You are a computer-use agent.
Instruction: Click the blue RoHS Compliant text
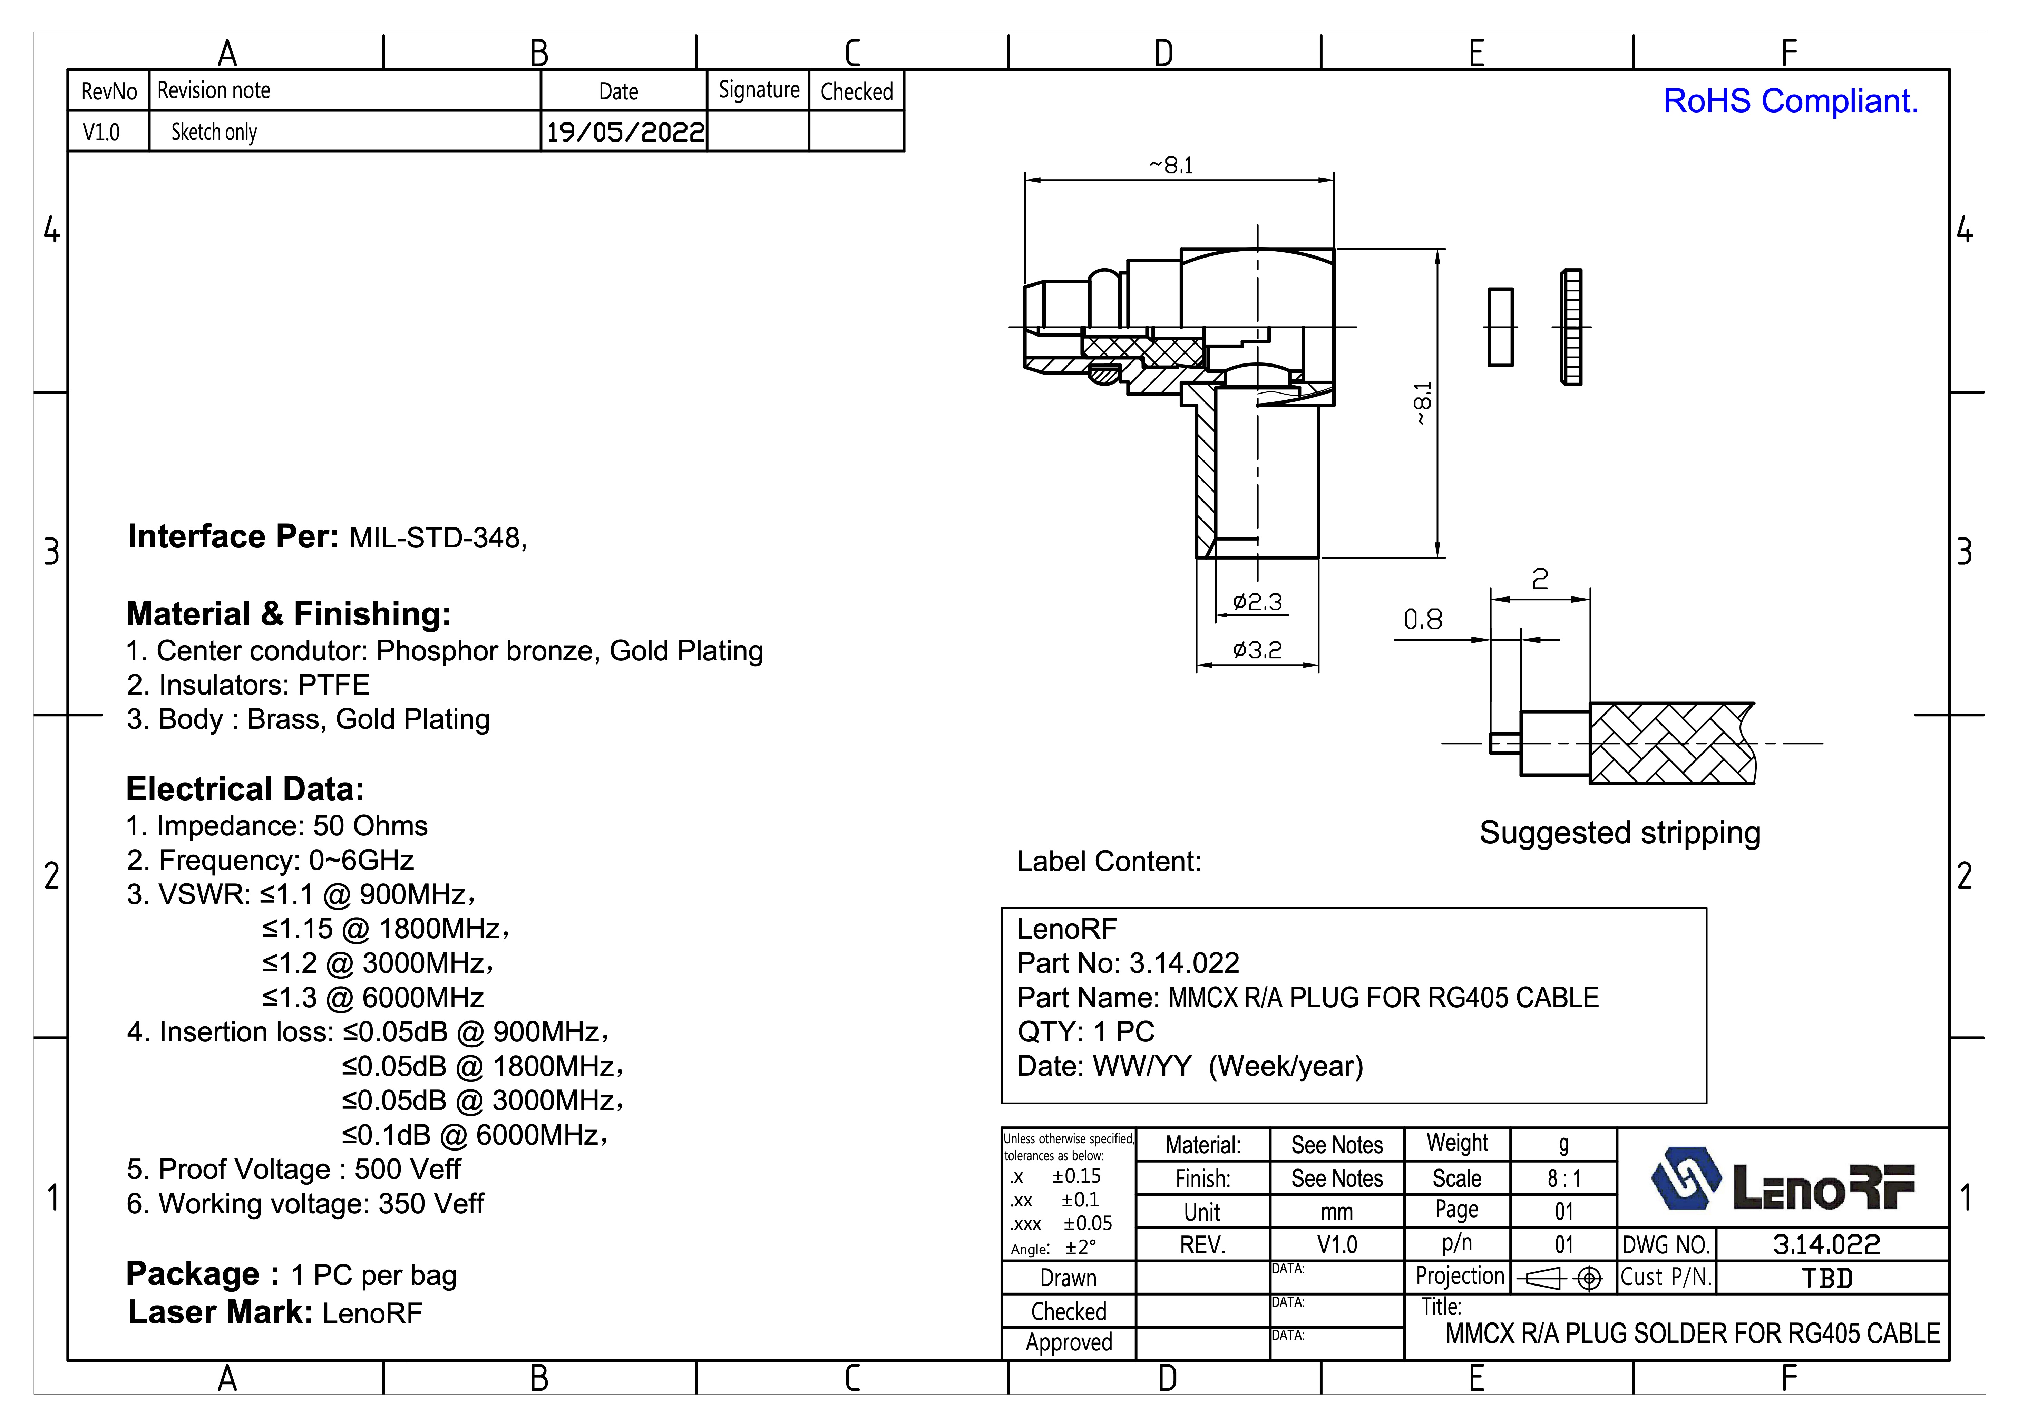[1790, 101]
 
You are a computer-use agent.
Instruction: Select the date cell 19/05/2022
[625, 132]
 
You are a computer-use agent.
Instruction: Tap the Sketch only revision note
[214, 132]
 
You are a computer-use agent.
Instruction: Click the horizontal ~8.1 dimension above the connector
[1172, 165]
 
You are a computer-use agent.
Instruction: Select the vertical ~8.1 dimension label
[1422, 404]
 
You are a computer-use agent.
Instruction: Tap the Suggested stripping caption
[1620, 833]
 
